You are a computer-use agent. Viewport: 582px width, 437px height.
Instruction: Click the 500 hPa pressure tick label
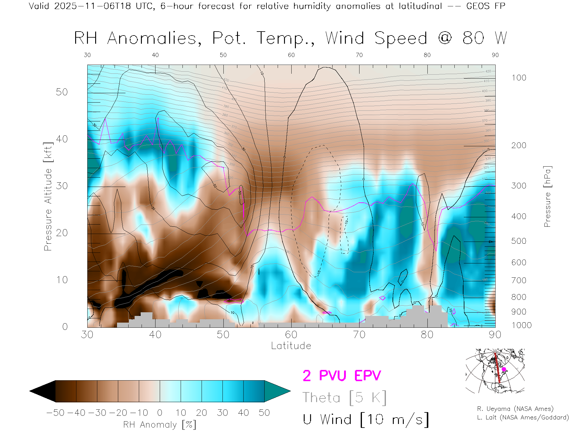click(x=519, y=241)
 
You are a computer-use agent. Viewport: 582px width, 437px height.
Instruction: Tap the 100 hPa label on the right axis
click(x=519, y=78)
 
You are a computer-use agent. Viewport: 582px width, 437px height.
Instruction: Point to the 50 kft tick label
click(x=62, y=92)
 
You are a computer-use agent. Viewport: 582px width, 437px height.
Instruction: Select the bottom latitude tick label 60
click(x=291, y=334)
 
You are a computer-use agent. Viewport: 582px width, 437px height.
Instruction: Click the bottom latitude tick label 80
click(x=427, y=334)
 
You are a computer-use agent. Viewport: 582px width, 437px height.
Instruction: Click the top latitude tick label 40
click(x=155, y=55)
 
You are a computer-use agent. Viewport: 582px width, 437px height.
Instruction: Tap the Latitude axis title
click(x=291, y=346)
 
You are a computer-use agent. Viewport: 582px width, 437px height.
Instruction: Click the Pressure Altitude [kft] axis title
click(x=48, y=196)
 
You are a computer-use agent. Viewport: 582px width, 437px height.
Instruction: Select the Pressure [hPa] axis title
click(x=547, y=196)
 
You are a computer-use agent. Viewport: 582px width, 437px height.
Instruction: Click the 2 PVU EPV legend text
click(x=342, y=376)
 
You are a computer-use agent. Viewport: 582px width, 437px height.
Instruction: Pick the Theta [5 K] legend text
click(x=344, y=398)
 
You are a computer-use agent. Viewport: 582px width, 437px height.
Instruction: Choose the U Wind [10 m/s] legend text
click(x=366, y=420)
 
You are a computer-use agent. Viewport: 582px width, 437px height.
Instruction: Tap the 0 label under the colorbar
click(x=160, y=413)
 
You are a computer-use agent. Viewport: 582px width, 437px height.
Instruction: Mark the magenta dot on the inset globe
click(x=504, y=369)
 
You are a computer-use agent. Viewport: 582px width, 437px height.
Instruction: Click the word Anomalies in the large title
click(x=154, y=39)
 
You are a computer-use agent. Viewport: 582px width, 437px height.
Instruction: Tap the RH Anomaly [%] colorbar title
click(x=159, y=425)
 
